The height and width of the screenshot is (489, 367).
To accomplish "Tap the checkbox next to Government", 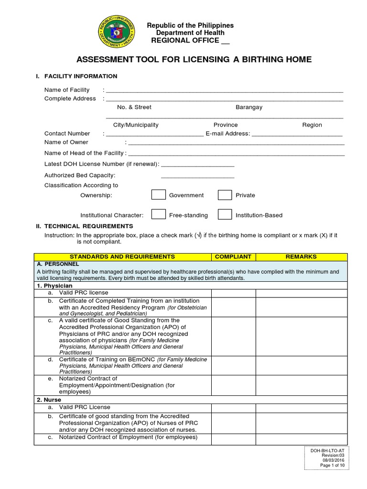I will [159, 195].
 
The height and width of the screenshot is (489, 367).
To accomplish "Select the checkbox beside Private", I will [225, 195].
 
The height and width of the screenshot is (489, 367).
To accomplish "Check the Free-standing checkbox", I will [159, 215].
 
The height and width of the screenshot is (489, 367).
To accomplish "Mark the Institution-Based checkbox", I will [225, 215].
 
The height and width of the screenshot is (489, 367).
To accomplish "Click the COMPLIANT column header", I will [233, 256].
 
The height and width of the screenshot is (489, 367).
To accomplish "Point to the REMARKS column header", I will [301, 256].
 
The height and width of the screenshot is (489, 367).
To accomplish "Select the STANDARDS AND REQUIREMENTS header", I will [123, 256].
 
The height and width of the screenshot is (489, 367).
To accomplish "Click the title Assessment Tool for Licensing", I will [194, 60].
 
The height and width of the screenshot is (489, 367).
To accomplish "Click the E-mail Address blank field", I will [297, 134].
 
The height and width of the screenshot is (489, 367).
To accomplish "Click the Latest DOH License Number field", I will [197, 164].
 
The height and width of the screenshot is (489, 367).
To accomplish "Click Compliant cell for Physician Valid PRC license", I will [233, 293].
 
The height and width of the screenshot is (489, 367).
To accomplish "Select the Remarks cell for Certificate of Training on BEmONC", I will [301, 365].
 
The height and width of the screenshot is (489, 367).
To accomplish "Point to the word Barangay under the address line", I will [248, 107].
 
